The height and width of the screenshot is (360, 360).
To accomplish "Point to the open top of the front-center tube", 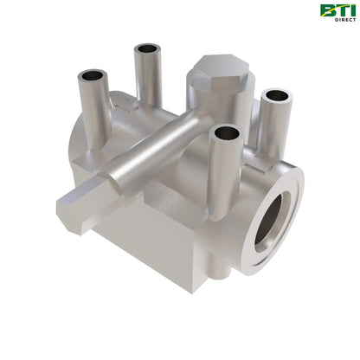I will coord(226,133).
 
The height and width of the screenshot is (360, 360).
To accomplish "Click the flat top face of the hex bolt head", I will coord(217,67).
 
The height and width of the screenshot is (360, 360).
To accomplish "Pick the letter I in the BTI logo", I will coord(350,10).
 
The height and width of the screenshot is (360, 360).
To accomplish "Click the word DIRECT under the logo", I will coord(341,22).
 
